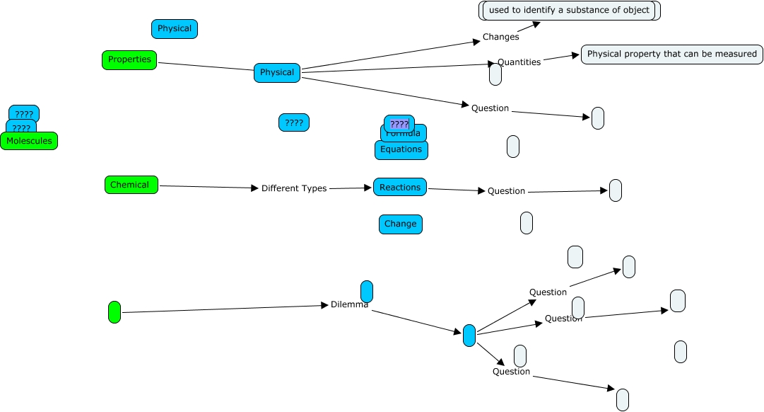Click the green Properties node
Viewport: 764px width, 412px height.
click(x=129, y=60)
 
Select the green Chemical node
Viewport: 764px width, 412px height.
click(x=131, y=185)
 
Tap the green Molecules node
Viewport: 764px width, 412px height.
click(x=29, y=141)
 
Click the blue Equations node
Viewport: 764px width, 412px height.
click(x=401, y=150)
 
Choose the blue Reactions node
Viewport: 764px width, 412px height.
click(x=400, y=188)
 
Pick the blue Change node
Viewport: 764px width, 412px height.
click(x=401, y=224)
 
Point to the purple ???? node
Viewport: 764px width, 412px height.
click(x=399, y=124)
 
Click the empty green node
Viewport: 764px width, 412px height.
click(x=114, y=312)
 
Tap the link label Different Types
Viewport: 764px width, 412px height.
click(x=294, y=188)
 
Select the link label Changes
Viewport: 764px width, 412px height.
click(x=500, y=37)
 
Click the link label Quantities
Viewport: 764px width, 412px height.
click(x=519, y=62)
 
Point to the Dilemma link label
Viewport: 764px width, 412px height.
click(x=349, y=305)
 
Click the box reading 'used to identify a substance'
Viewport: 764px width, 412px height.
click(x=569, y=11)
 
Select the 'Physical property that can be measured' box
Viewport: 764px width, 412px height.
click(x=671, y=55)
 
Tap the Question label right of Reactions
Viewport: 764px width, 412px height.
click(x=506, y=191)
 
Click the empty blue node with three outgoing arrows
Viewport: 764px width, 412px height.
click(x=469, y=336)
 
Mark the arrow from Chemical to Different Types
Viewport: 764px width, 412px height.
click(x=209, y=187)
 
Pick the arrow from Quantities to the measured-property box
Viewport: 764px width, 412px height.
click(x=561, y=58)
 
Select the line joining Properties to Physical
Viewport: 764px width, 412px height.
click(x=206, y=67)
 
